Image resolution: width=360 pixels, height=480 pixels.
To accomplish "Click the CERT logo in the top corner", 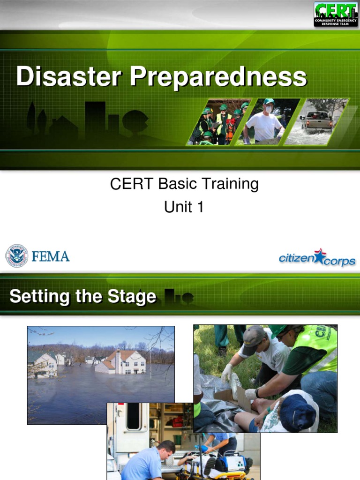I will [336, 14].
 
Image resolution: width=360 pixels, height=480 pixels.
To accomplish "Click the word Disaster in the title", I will [69, 76].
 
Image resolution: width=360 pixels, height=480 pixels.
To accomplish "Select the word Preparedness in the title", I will [218, 77].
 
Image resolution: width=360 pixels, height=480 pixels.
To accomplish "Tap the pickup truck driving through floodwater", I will [317, 120].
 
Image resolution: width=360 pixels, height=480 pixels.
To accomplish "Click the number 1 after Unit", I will [200, 207].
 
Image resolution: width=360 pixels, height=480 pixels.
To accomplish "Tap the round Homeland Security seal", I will [16, 255].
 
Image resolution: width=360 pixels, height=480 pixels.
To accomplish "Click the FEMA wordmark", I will [51, 256].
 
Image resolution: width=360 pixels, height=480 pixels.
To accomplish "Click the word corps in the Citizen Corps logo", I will [339, 262].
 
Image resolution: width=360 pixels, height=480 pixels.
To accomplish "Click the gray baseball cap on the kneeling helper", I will [254, 336].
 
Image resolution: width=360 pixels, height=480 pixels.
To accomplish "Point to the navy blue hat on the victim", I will [297, 412].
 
